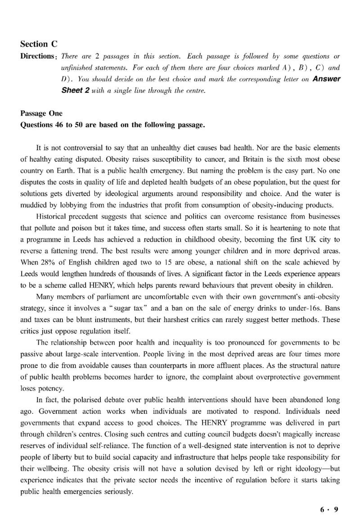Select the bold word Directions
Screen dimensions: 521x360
point(38,56)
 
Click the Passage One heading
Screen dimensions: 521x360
point(41,114)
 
